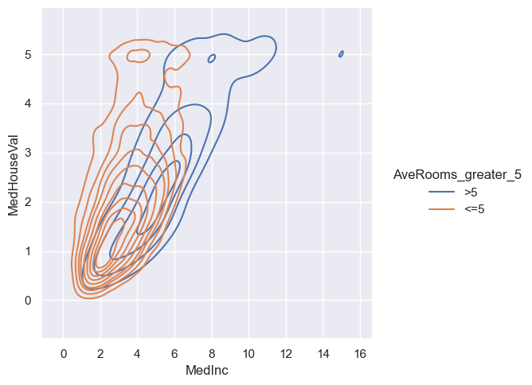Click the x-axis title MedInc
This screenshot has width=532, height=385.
click(x=206, y=371)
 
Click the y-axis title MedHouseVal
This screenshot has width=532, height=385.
click(x=14, y=174)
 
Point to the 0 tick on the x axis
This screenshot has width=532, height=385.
click(x=64, y=353)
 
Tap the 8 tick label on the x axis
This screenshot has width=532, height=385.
click(x=212, y=353)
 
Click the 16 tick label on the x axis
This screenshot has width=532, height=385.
click(x=360, y=353)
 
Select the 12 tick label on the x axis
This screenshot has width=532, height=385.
click(x=286, y=353)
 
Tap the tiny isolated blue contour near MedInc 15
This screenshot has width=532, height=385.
click(x=341, y=54)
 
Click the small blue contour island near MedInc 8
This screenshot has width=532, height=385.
click(x=211, y=59)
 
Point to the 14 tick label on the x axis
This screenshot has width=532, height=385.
click(x=323, y=353)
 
